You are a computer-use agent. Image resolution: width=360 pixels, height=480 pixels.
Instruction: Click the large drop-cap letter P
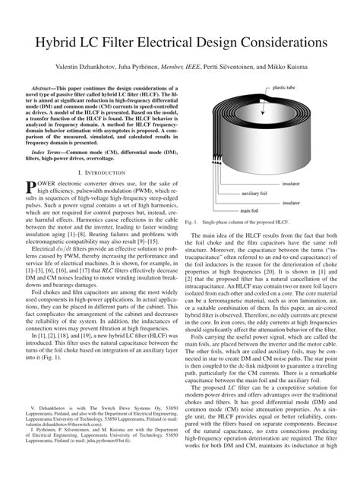(31, 188)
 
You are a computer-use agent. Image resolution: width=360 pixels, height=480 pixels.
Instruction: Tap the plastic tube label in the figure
(286, 88)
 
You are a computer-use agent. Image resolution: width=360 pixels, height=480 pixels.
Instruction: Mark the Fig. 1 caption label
(191, 222)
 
